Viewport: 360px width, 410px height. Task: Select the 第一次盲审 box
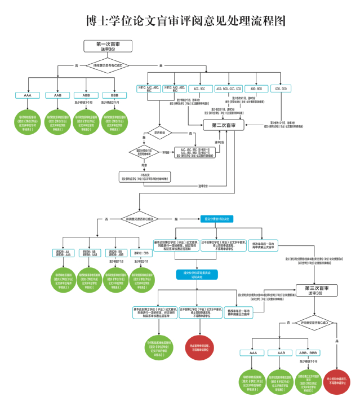(x=107, y=46)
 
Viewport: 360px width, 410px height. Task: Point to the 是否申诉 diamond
(x=159, y=134)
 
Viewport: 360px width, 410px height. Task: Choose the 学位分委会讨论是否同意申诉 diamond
(x=144, y=152)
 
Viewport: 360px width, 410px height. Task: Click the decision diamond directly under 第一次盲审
(x=107, y=66)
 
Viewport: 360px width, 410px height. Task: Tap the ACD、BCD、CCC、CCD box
(x=228, y=89)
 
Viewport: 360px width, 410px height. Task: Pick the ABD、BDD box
(x=256, y=89)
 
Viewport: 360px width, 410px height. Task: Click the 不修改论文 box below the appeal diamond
(x=144, y=177)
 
